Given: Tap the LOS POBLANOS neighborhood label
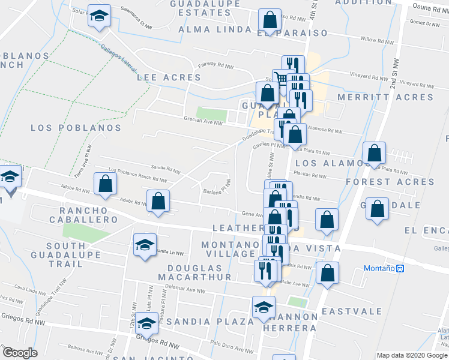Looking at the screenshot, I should (x=76, y=128).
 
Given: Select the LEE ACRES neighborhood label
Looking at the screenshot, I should (x=169, y=77).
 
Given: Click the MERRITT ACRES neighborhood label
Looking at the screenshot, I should (x=385, y=97).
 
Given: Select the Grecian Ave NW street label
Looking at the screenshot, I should (x=203, y=124).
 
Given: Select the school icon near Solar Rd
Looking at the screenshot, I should (x=99, y=16).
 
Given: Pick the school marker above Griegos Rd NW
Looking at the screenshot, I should (x=145, y=324).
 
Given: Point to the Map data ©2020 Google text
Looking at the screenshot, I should (x=411, y=355).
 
